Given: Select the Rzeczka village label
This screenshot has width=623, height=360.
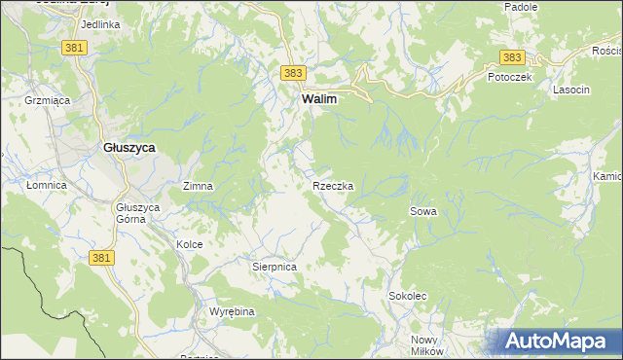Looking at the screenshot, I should [x=333, y=185].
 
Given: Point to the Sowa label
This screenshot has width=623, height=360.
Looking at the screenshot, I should [x=422, y=210].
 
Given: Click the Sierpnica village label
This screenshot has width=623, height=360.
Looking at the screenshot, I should [x=274, y=265].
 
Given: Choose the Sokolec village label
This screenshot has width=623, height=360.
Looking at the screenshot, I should [x=408, y=295].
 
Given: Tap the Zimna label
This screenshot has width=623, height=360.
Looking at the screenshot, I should [x=198, y=185].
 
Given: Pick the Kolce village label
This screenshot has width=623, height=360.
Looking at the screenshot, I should [x=189, y=244].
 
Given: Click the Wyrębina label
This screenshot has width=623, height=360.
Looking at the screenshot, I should [x=232, y=311].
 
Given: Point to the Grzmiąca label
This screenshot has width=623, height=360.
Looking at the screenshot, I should [x=43, y=99].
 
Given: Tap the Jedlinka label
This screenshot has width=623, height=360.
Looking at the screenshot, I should [x=100, y=23].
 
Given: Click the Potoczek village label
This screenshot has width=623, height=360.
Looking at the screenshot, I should [x=509, y=77].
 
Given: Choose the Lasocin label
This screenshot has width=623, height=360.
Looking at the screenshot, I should [x=570, y=90].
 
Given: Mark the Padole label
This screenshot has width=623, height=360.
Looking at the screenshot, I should [x=521, y=7].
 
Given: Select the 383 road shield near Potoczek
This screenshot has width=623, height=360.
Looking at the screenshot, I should [x=512, y=57].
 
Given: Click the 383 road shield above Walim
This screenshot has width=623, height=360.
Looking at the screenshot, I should [x=294, y=73].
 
